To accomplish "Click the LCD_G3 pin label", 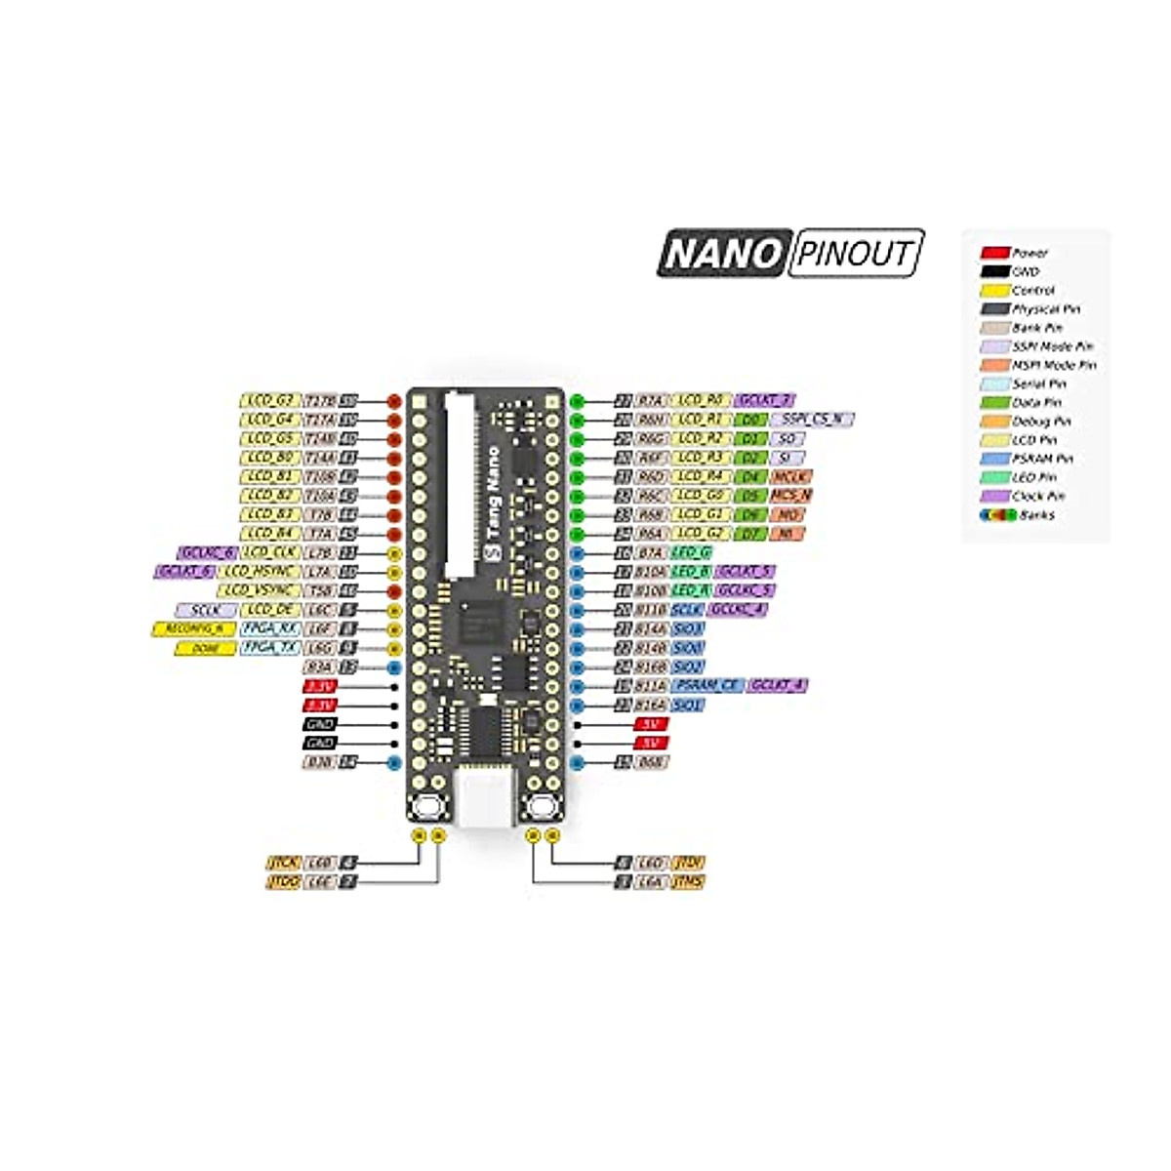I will coord(270,400).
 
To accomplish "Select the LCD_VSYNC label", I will coord(259,590).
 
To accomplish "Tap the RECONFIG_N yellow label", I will coord(193,629).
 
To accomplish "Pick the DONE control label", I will coord(205,648).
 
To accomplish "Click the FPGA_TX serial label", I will coord(270,648).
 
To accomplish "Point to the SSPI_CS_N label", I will coord(812,420).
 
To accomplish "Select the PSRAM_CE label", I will coord(707,686).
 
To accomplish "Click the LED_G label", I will coord(691,552).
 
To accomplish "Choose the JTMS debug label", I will coord(688,881).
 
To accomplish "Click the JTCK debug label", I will coord(283,863).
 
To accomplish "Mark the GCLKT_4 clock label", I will coord(777,686).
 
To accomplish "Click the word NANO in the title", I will coord(721,254).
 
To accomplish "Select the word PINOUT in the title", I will coord(854,254).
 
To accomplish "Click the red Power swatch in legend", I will coord(994,253).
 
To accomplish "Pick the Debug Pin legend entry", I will coord(1040,422).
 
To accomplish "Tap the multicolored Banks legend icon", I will coord(994,515).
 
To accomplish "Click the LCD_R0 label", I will coord(701,400).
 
